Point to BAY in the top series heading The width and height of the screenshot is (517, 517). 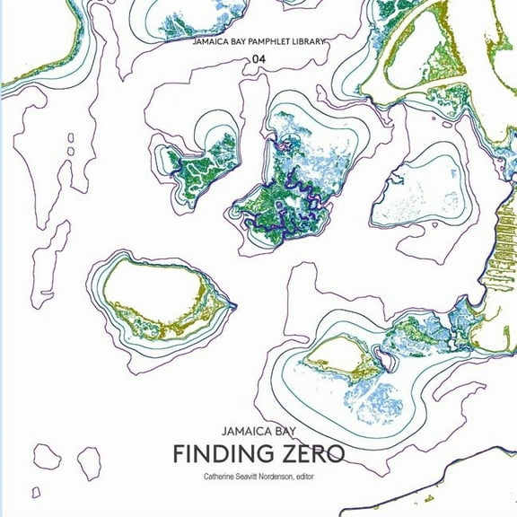pyautogui.click(x=236, y=42)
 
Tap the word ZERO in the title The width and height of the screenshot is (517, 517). pyautogui.click(x=305, y=453)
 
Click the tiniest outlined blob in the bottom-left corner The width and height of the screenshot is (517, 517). pyautogui.click(x=36, y=492)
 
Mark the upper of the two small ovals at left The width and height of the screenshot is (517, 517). pyautogui.click(x=70, y=137)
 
